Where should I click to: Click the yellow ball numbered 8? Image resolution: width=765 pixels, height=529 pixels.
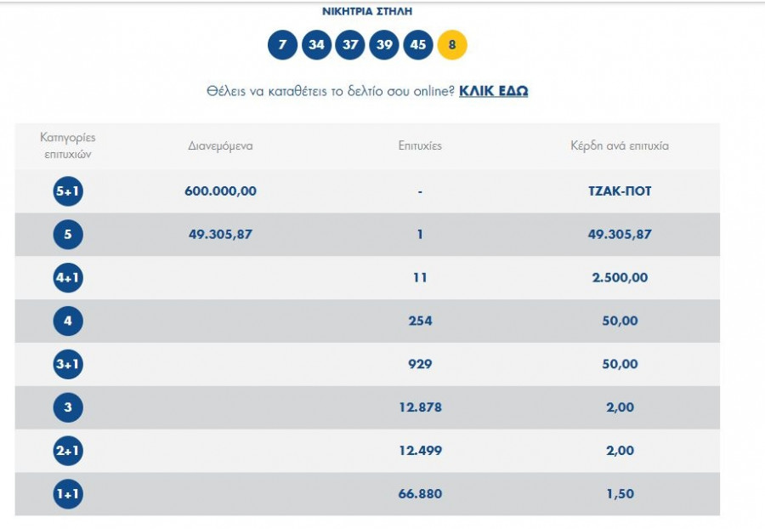tap(452, 45)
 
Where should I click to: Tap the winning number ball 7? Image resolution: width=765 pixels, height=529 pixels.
tap(282, 45)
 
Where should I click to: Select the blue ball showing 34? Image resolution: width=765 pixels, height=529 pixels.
tap(316, 45)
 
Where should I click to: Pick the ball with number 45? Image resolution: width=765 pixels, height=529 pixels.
tap(417, 45)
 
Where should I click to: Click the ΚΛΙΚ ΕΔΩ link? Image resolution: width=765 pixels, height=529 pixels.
tap(493, 91)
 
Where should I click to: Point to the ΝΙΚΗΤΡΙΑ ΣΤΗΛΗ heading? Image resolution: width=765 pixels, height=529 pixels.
tap(367, 12)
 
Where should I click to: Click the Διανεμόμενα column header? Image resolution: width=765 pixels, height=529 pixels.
tap(220, 145)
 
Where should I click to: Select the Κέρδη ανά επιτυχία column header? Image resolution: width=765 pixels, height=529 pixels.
tap(620, 145)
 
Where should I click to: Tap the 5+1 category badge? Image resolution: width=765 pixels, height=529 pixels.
tap(68, 191)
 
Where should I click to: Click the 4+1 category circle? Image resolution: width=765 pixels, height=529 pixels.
tap(68, 278)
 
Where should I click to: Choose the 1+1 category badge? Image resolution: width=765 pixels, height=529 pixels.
tap(68, 494)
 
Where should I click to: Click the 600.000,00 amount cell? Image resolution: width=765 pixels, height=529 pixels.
tap(220, 191)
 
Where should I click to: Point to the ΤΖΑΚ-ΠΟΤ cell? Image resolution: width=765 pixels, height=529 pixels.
tap(620, 191)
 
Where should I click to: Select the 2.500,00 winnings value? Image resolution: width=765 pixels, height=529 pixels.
tap(620, 278)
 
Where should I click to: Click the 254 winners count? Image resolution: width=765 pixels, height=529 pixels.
tap(420, 321)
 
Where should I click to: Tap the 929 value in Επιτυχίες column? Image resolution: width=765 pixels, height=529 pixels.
tap(420, 364)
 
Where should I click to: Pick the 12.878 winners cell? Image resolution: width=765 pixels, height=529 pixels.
tap(420, 407)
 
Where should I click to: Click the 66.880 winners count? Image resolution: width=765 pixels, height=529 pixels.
tap(420, 494)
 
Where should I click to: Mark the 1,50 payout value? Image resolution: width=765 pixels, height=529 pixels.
tap(620, 494)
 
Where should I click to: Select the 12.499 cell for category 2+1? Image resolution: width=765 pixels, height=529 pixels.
tap(420, 451)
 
